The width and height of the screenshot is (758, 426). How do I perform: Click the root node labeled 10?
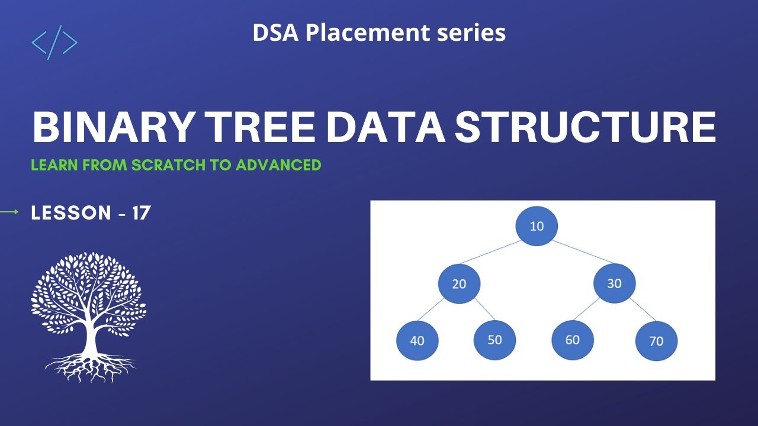537,226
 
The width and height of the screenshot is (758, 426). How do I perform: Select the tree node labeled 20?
459,283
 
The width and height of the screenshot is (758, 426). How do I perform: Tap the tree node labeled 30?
614,283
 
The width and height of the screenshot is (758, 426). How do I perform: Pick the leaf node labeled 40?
417,341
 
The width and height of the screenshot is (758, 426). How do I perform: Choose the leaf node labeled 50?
495,340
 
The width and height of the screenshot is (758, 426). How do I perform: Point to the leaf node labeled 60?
572,340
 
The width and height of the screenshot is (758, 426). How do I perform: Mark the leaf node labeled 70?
656,341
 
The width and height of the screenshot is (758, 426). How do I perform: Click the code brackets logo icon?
54,43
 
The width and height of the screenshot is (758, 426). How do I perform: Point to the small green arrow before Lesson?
9,212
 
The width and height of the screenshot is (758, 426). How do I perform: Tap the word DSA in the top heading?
276,33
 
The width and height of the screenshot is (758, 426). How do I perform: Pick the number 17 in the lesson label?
141,213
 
